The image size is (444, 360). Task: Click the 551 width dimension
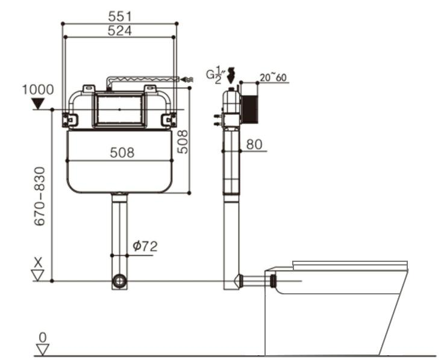(x=120, y=16)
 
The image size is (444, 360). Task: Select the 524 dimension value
(x=119, y=31)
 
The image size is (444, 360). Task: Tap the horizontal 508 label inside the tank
(x=122, y=153)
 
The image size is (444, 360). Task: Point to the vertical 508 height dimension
(x=183, y=141)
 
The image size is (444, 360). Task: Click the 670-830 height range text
(x=40, y=196)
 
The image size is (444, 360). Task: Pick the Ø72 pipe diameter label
(x=145, y=246)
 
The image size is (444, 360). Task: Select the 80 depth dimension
(x=254, y=144)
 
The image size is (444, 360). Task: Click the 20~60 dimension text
(x=273, y=77)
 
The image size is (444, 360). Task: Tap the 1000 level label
(x=38, y=90)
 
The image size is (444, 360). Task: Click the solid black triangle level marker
(x=38, y=104)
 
